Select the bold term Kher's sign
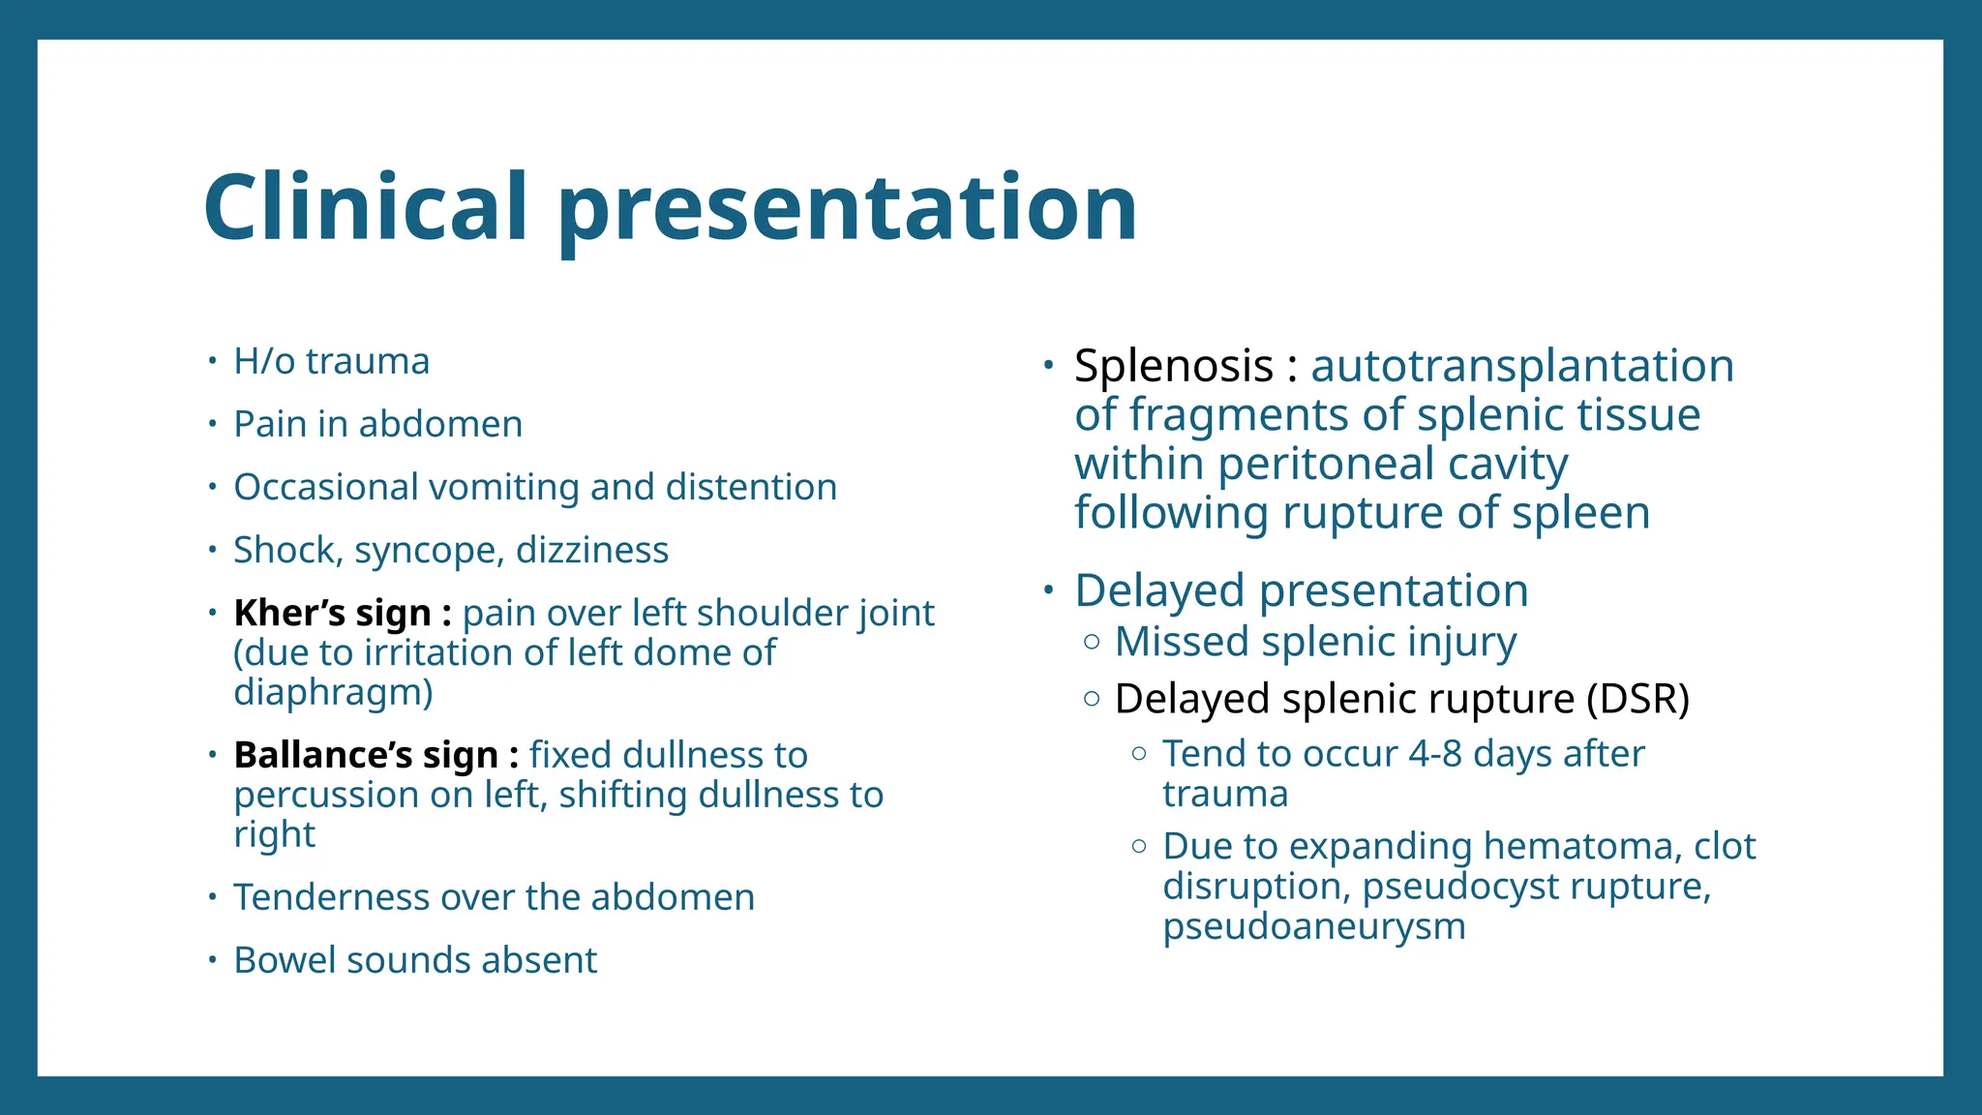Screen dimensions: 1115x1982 click(x=332, y=613)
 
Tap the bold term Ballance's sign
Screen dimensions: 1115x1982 click(x=366, y=755)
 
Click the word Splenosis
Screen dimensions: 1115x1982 click(x=1173, y=366)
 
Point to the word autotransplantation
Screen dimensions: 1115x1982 click(x=1521, y=366)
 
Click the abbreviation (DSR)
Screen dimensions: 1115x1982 click(x=1637, y=699)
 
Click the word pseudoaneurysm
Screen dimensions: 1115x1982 click(x=1313, y=926)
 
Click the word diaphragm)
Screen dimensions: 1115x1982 click(x=333, y=693)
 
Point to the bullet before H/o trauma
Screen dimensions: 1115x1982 click(x=212, y=361)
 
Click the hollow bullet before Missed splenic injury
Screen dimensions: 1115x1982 click(x=1092, y=642)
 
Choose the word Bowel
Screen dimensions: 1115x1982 click(x=285, y=960)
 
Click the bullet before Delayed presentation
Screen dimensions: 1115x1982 click(x=1048, y=590)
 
